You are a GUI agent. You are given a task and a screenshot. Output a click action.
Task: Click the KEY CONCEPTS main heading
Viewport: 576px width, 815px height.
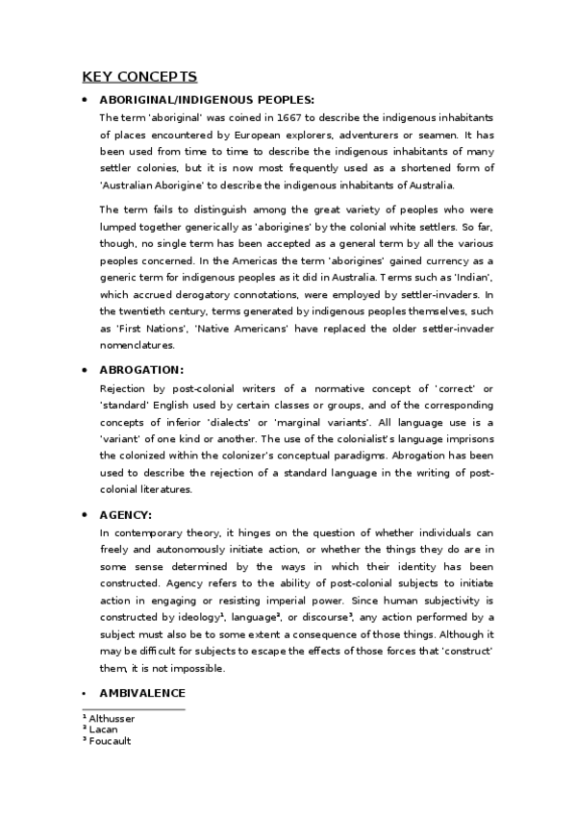point(138,77)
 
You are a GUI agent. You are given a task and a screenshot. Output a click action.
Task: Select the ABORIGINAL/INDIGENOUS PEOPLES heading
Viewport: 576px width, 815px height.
point(207,100)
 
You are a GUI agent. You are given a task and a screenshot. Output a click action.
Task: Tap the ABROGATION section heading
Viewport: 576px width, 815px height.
point(141,370)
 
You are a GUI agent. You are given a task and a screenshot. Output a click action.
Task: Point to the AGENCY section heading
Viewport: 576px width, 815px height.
point(126,514)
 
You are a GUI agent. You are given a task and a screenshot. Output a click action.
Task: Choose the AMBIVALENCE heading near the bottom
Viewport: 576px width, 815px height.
point(143,693)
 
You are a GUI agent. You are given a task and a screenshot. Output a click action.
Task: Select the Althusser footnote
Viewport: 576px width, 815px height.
point(110,719)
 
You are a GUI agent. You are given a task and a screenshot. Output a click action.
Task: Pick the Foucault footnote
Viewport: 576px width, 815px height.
point(108,741)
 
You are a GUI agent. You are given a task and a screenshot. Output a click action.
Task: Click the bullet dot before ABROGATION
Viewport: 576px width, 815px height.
point(87,370)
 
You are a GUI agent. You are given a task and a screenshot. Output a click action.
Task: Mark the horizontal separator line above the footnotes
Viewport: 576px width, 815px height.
point(133,709)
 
